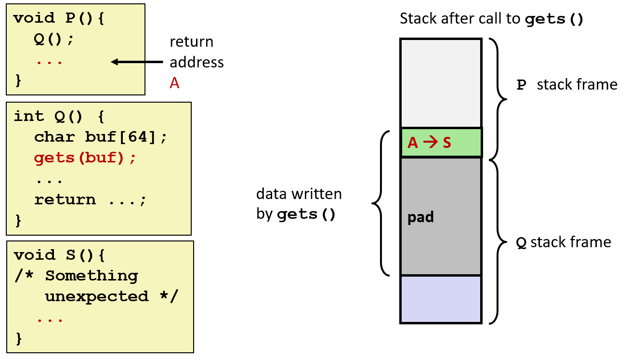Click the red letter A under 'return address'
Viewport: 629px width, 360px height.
pyautogui.click(x=174, y=83)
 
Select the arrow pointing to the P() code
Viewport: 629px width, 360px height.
pyautogui.click(x=137, y=62)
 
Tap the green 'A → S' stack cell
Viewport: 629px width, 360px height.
pyautogui.click(x=441, y=143)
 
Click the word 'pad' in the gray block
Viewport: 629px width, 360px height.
pyautogui.click(x=420, y=217)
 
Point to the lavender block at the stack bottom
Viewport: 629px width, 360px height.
pyautogui.click(x=441, y=299)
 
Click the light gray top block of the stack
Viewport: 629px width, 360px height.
pyautogui.click(x=441, y=83)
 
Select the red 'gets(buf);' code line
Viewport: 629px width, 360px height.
pyautogui.click(x=85, y=158)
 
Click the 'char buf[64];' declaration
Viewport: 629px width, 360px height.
pyautogui.click(x=100, y=137)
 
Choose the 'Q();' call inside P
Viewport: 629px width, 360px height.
pyautogui.click(x=54, y=40)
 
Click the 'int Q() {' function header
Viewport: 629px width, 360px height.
pyautogui.click(x=59, y=116)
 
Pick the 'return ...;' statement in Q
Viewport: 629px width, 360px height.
pyautogui.click(x=90, y=200)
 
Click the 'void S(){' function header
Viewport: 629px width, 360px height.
pyautogui.click(x=59, y=254)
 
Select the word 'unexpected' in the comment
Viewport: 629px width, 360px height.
pyautogui.click(x=96, y=296)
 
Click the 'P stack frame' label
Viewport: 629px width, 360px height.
pyautogui.click(x=566, y=85)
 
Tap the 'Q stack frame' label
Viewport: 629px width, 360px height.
pyautogui.click(x=563, y=242)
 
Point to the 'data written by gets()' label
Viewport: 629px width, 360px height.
pyautogui.click(x=299, y=204)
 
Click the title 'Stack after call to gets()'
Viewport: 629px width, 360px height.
pyautogui.click(x=491, y=20)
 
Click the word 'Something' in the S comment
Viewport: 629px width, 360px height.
pyautogui.click(x=92, y=276)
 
